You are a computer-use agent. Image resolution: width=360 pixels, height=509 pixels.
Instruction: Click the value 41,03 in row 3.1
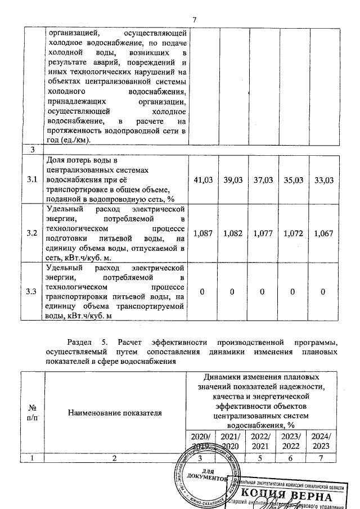(202, 179)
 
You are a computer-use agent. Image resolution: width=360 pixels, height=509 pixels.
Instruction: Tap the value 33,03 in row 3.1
(324, 179)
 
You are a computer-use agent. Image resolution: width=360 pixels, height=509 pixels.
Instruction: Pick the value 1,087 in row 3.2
(202, 233)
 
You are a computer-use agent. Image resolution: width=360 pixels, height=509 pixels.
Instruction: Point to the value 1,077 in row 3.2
(263, 233)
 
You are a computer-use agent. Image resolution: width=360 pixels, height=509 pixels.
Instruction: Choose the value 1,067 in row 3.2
(324, 233)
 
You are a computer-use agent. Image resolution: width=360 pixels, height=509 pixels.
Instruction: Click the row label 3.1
(31, 179)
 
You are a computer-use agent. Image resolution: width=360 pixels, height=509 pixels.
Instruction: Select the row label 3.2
(31, 233)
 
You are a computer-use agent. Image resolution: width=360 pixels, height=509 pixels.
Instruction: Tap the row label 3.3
(31, 291)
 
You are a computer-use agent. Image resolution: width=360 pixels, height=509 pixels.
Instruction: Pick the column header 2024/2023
(322, 442)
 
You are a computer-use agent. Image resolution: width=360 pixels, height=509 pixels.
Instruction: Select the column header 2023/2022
(291, 442)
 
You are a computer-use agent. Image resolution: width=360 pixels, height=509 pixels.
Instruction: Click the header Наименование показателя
(115, 413)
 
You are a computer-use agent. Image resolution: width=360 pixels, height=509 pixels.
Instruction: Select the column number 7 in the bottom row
(322, 458)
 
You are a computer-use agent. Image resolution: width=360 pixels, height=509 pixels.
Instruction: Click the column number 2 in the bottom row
(115, 458)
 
